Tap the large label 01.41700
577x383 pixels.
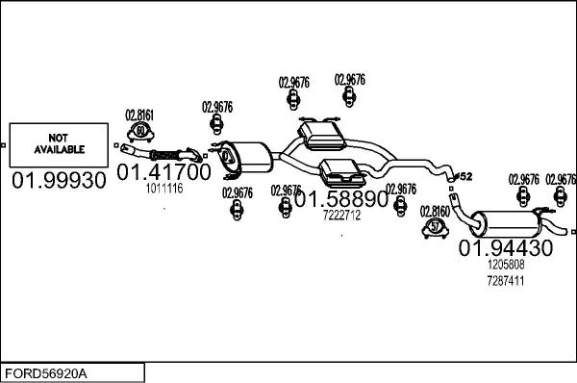(x=163, y=172)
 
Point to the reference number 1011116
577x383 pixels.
(x=163, y=189)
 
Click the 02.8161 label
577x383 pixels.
(x=139, y=115)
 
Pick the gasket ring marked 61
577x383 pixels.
(x=140, y=131)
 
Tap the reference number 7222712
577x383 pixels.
(x=340, y=216)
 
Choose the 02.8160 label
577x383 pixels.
(x=435, y=210)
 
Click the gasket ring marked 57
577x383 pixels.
(x=435, y=227)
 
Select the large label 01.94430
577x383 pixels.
(x=505, y=247)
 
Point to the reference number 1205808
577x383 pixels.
(x=505, y=264)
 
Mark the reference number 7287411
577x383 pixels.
(x=505, y=280)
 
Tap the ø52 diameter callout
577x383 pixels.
(x=463, y=176)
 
